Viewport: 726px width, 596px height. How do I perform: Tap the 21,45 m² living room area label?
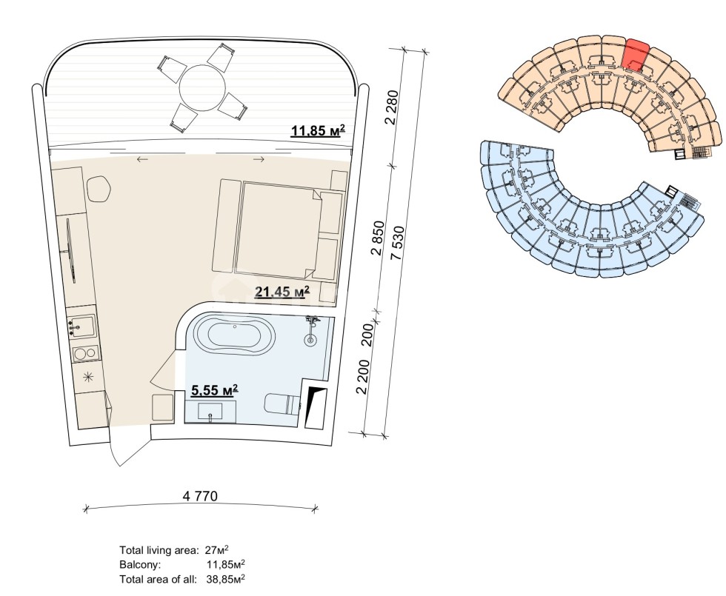282,292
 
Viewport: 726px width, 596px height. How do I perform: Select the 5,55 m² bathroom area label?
214,390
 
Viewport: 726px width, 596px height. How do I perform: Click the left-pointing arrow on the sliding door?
141,158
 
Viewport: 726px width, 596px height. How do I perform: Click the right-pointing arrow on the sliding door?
259,158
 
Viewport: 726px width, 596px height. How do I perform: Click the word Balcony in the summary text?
136,564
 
